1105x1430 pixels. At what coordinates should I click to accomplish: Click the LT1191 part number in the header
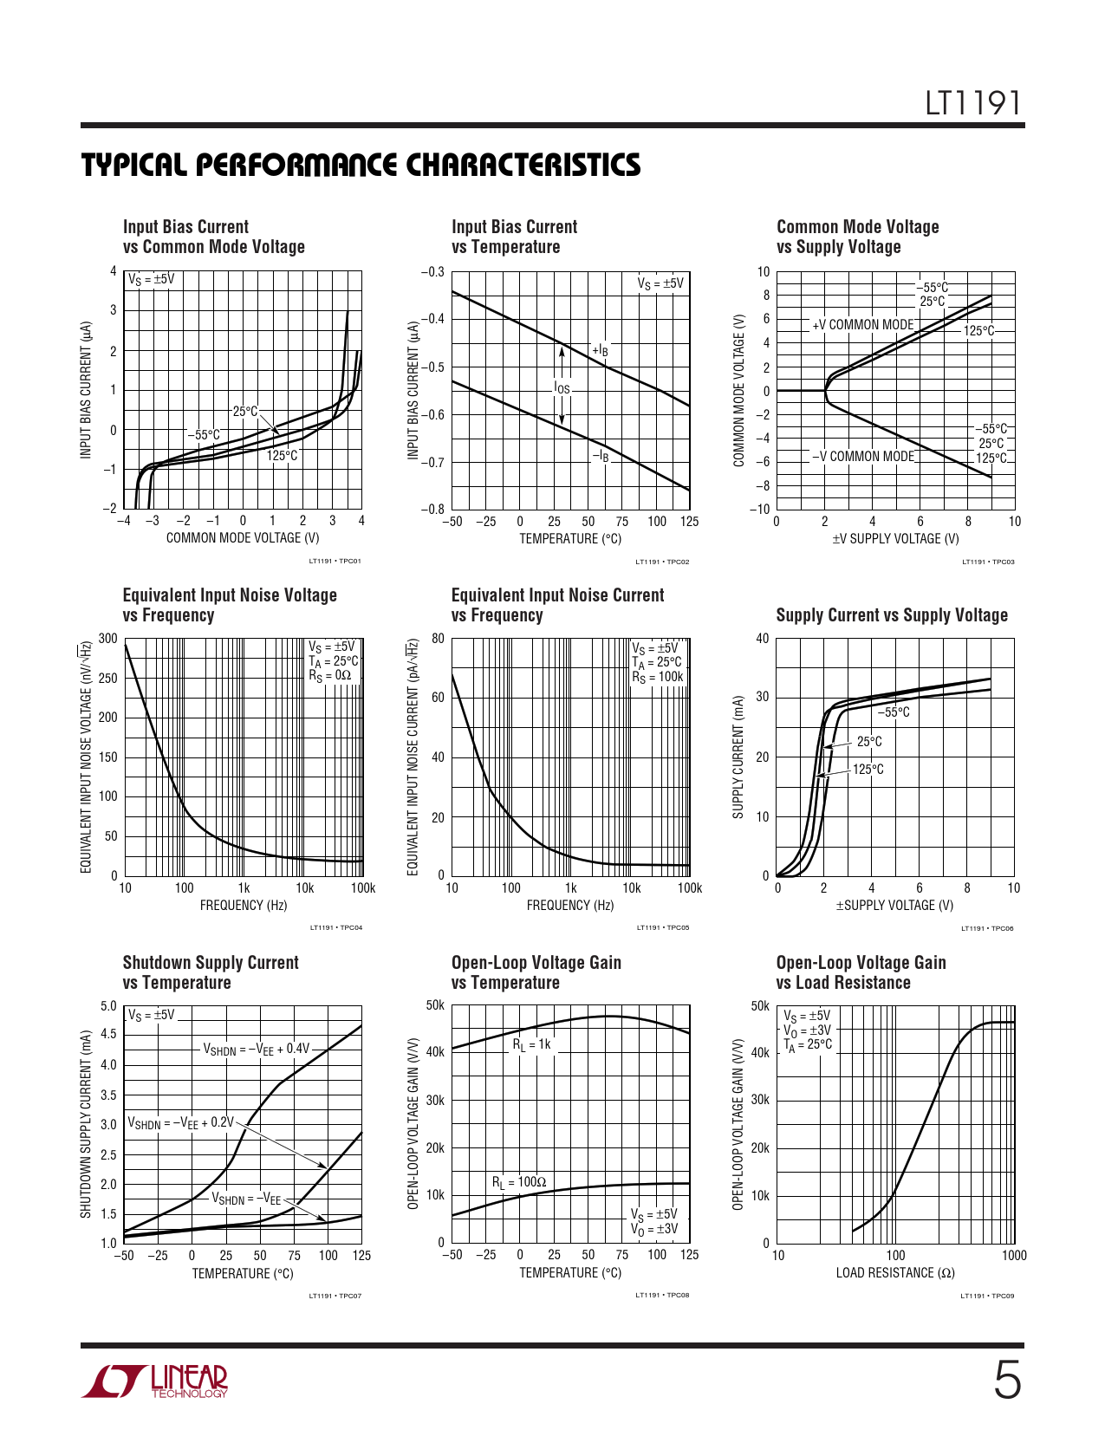pos(972,104)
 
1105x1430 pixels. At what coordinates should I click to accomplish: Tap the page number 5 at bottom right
pos(1006,1381)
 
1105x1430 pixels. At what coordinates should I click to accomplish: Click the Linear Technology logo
pos(155,1381)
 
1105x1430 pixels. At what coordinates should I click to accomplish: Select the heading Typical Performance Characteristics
pos(361,165)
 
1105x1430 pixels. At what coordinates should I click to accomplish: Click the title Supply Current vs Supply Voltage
pos(892,615)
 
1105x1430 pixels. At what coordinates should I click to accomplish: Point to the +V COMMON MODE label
pos(862,325)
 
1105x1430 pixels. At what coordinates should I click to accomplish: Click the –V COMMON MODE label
pos(862,457)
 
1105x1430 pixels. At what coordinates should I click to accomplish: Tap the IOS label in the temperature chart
pos(562,388)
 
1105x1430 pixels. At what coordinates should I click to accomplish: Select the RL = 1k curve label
pos(531,1044)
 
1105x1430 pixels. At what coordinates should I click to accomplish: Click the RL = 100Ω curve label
pos(519,1182)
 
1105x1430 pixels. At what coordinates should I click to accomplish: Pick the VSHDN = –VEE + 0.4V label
pos(256,1049)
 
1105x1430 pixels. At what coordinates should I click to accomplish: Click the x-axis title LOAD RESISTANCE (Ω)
pos(895,1273)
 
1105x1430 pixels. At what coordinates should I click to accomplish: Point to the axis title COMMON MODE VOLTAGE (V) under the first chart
pos(243,538)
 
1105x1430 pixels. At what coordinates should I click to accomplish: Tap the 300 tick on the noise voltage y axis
pos(108,639)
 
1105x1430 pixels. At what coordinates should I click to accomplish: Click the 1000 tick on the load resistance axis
pos(1013,1255)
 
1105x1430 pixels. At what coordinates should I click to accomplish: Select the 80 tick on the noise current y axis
pos(438,639)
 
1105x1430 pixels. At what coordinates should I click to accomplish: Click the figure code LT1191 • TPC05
pos(663,928)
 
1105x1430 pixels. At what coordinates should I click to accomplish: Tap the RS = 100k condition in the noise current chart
pos(657,678)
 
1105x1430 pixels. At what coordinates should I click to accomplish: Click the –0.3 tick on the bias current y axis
pos(432,271)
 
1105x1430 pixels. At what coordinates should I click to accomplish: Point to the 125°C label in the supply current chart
pos(868,770)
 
